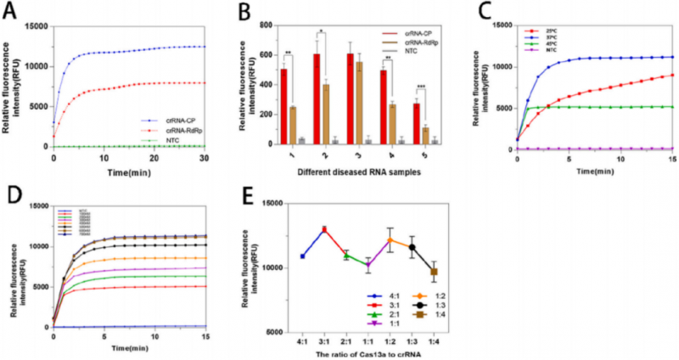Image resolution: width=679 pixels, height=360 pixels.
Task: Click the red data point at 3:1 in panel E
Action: [x=323, y=229]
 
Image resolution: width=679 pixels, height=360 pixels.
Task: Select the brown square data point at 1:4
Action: [x=435, y=272]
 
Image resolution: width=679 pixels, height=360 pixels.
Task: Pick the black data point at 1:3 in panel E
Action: [x=412, y=248]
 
